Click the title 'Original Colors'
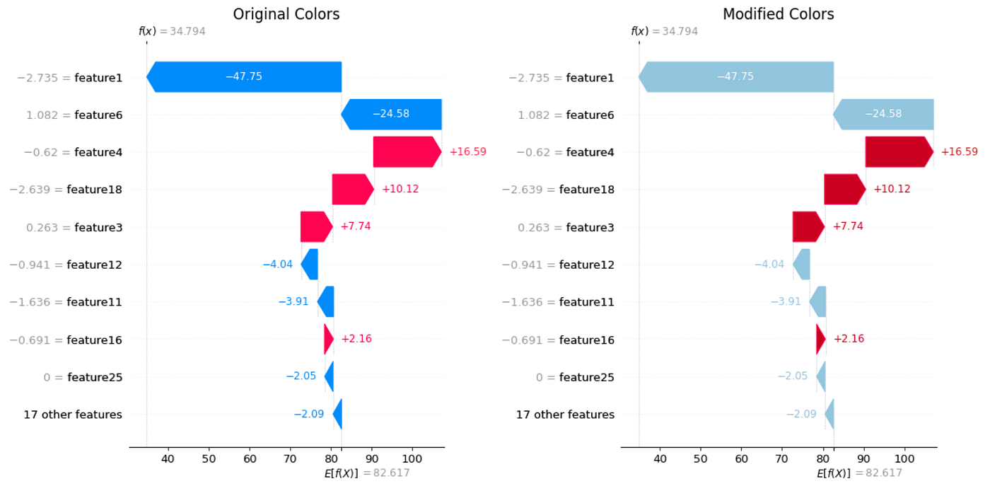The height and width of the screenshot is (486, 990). point(286,14)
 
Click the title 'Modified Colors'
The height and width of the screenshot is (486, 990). point(778,14)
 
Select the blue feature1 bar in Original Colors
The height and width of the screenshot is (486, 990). point(244,76)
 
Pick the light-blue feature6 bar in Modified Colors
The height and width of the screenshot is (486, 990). point(884,114)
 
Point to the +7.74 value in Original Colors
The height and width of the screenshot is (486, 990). point(355,226)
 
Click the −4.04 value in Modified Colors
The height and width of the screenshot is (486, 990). point(769,265)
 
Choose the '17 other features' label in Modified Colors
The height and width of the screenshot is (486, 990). point(565,415)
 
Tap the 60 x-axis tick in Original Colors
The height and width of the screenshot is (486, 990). point(250,459)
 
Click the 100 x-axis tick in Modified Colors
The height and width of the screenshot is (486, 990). point(905,459)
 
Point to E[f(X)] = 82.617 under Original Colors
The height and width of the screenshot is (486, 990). point(366,473)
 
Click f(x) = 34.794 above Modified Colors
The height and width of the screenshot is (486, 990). point(664,32)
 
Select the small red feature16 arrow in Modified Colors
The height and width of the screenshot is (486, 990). point(820,339)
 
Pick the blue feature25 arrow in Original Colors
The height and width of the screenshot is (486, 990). point(329,376)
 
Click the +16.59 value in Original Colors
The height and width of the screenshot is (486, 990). point(467,151)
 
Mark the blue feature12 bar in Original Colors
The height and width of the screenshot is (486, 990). point(310,264)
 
